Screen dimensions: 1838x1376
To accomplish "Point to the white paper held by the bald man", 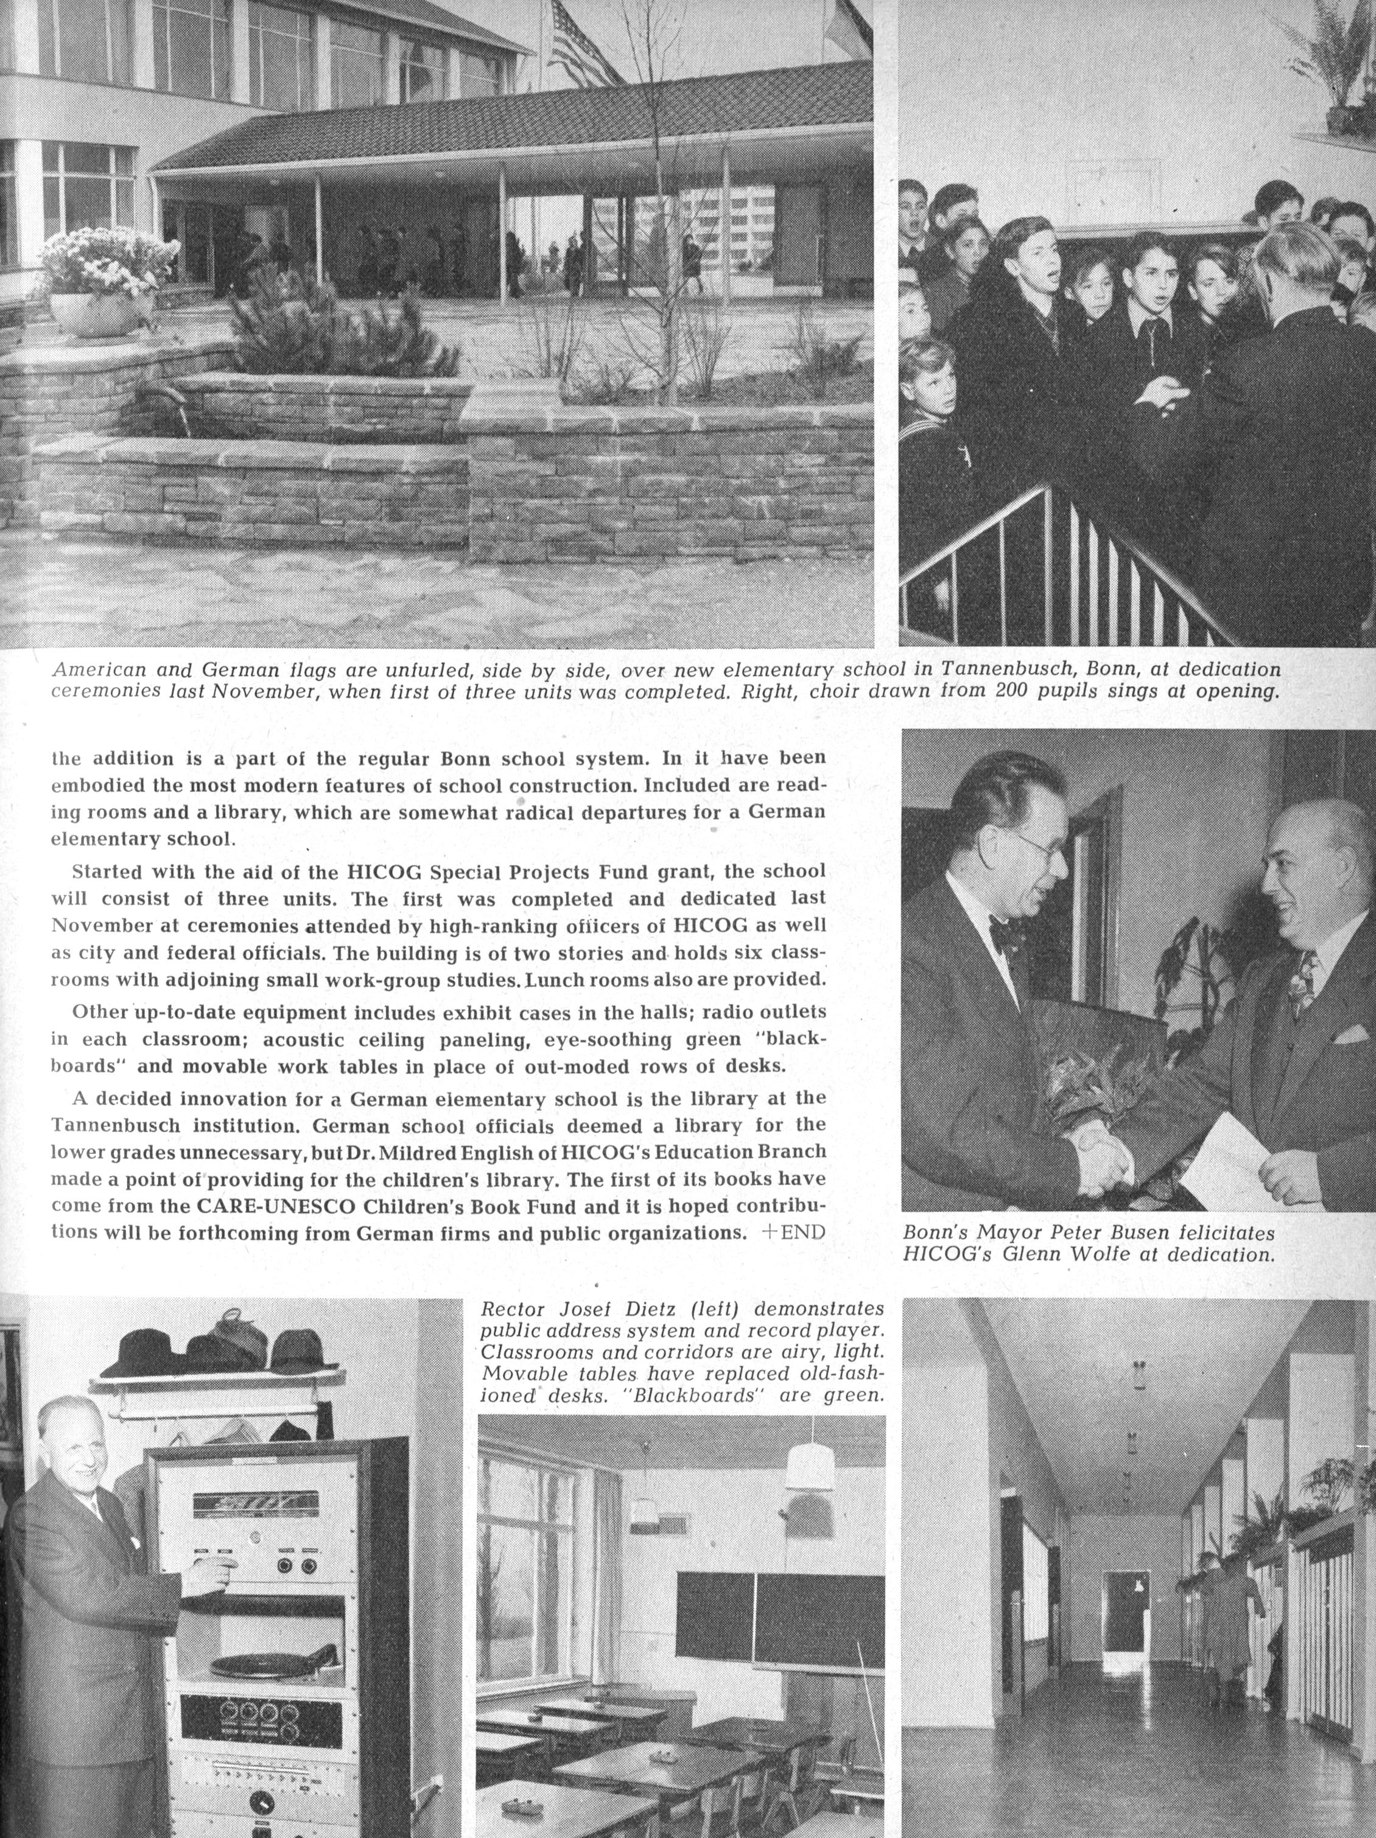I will coord(1226,1159).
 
